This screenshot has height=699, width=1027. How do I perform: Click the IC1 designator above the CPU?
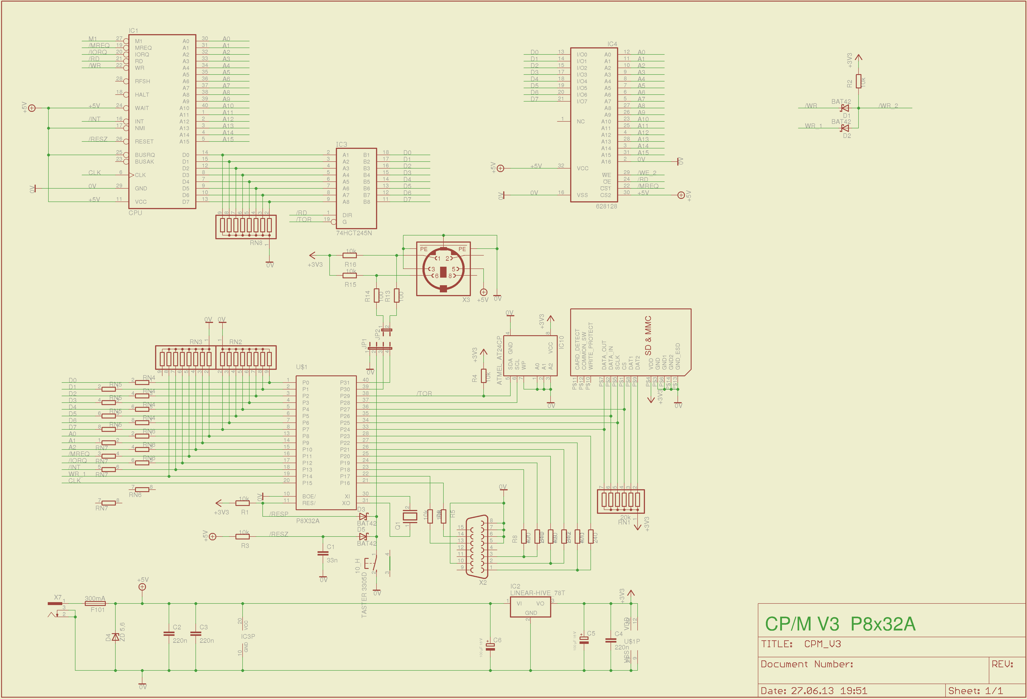[133, 31]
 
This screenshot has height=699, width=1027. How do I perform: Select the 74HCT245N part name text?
[354, 233]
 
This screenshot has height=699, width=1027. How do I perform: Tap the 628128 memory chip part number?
[606, 206]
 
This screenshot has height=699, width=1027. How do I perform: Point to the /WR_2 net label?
[888, 106]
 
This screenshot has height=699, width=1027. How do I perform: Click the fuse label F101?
[98, 610]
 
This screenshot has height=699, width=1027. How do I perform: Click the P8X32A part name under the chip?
[308, 521]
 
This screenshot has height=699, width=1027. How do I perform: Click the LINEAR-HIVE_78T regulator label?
[537, 593]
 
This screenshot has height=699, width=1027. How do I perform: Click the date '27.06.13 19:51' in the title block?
[829, 691]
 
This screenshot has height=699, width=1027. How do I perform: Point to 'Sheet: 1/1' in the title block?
[975, 691]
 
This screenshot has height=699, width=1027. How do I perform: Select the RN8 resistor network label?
[256, 243]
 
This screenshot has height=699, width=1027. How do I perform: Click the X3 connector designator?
[466, 300]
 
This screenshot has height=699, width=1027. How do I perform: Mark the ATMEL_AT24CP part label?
[499, 360]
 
